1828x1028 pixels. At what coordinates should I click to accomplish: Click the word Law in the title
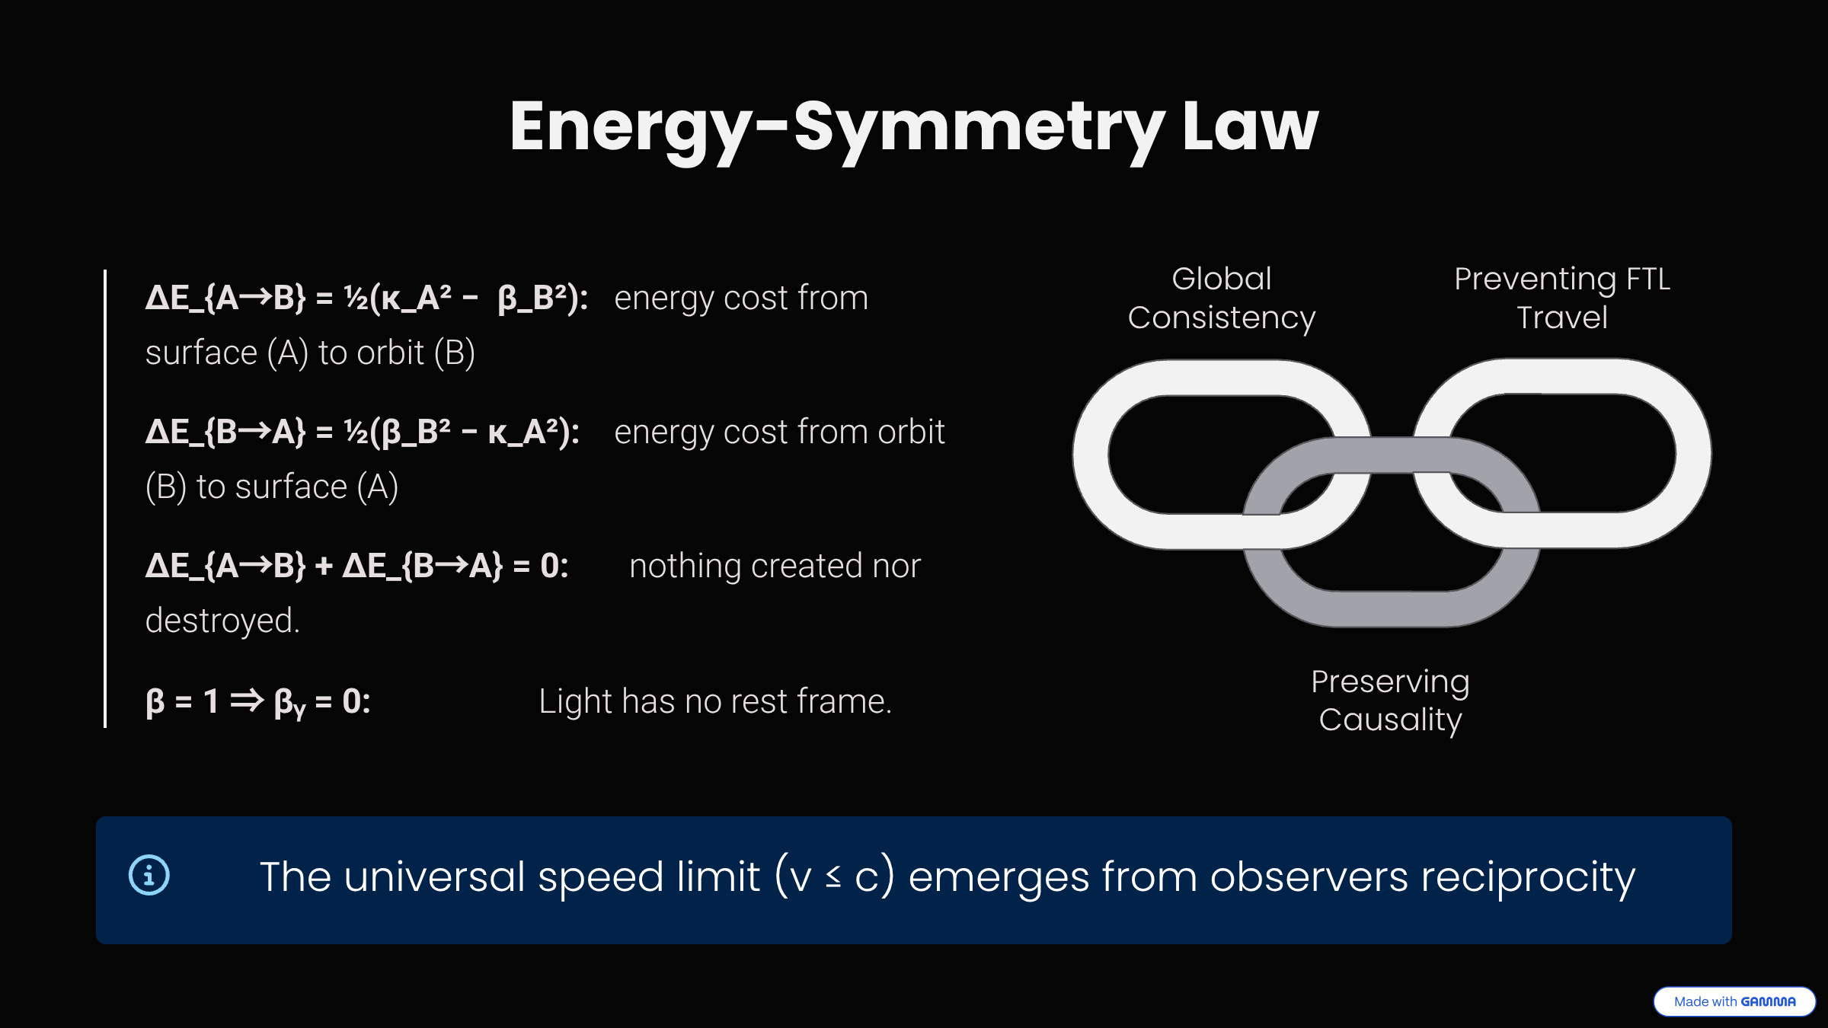click(1249, 127)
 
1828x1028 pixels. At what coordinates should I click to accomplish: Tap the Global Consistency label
click(1221, 299)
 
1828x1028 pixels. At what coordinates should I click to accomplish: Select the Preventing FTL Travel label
click(1561, 299)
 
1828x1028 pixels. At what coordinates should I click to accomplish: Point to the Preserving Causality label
click(1390, 701)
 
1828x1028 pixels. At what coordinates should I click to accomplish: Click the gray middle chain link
click(1391, 608)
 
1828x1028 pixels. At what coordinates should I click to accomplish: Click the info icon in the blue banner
click(149, 876)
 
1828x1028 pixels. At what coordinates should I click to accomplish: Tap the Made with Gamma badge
click(1734, 1001)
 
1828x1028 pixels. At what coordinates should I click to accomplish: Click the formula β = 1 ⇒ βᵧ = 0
click(257, 701)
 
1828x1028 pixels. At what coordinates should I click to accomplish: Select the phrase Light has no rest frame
click(714, 701)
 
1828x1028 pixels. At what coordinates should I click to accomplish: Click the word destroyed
click(222, 621)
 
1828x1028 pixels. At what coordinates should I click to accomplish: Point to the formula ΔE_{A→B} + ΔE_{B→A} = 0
click(356, 567)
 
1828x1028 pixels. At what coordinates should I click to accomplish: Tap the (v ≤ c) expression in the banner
click(833, 877)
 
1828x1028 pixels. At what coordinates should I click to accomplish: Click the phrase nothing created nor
click(775, 567)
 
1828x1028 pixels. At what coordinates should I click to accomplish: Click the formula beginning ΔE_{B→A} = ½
click(363, 433)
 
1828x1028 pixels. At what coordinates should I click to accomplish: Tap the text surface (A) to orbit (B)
click(310, 353)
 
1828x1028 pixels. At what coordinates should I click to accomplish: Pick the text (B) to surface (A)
click(272, 487)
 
